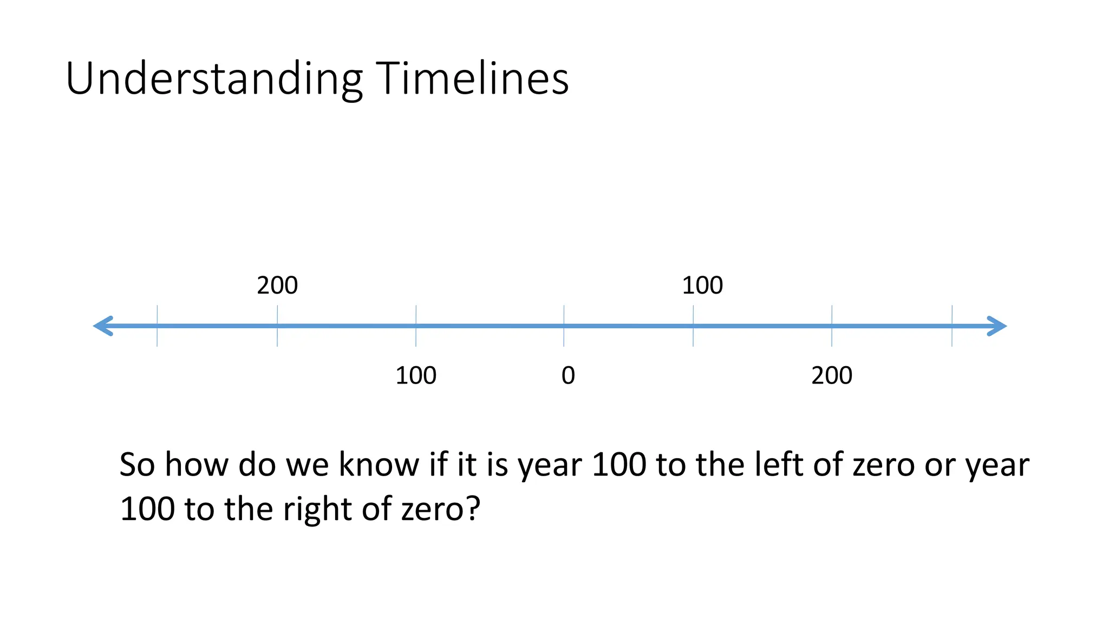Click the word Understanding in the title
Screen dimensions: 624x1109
pos(214,79)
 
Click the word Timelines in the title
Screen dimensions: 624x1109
pos(472,79)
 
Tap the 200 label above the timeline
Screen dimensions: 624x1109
pos(277,285)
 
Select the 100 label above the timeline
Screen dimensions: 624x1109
pos(702,285)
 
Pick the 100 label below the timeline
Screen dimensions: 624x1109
pos(416,375)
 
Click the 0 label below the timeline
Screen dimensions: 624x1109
pos(568,375)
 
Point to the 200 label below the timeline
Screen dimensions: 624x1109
pos(832,375)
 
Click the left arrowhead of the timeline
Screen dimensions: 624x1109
pos(103,326)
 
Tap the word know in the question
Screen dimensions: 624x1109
pos(380,465)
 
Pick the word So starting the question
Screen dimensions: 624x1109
pos(137,465)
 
